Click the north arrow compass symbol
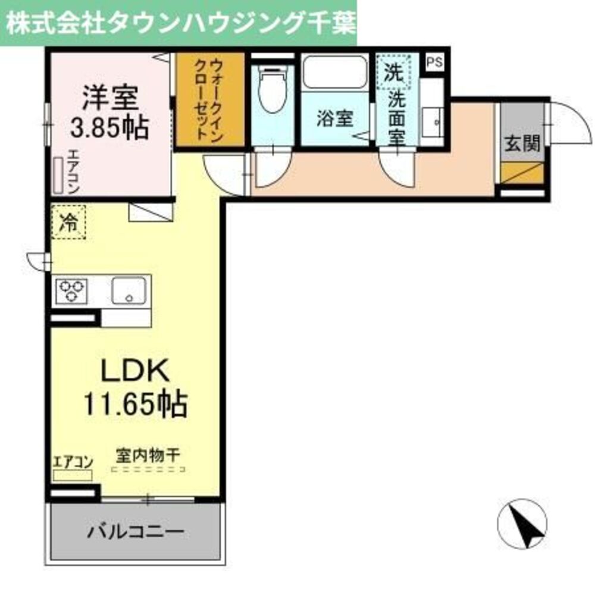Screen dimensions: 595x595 pyautogui.click(x=521, y=523)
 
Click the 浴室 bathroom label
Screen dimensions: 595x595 pyautogui.click(x=334, y=119)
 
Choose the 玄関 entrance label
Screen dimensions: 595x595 pyautogui.click(x=522, y=143)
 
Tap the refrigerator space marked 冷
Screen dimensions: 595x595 pyautogui.click(x=68, y=222)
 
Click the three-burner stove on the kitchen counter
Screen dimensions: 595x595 pyautogui.click(x=72, y=291)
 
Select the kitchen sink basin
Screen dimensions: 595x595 pyautogui.click(x=129, y=290)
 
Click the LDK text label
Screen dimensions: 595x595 pyautogui.click(x=136, y=372)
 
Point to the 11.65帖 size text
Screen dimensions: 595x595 pyautogui.click(x=135, y=405)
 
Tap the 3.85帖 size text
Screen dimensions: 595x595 pyautogui.click(x=108, y=127)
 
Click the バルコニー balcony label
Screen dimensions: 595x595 pyautogui.click(x=134, y=531)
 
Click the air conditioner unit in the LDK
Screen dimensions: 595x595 pyautogui.click(x=72, y=475)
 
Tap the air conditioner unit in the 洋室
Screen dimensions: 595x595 pyautogui.click(x=59, y=175)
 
